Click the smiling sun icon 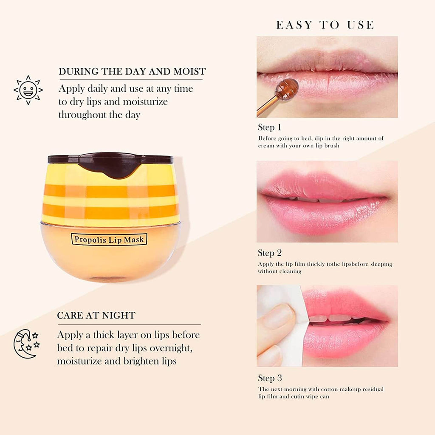click(x=28, y=90)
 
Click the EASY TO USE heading click(x=325, y=25)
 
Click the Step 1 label click(x=270, y=127)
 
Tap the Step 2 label click(x=270, y=253)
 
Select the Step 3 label click(x=270, y=378)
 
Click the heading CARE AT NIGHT click(x=96, y=316)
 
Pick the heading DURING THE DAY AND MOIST click(x=132, y=71)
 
